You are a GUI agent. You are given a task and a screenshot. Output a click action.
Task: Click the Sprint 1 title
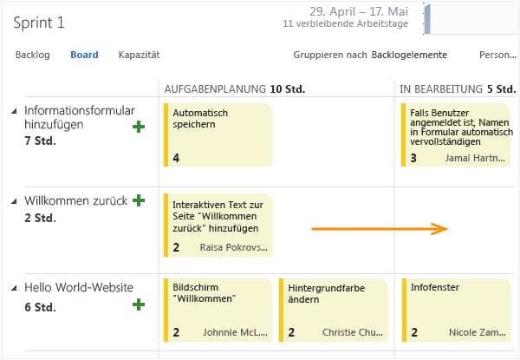pos(39,23)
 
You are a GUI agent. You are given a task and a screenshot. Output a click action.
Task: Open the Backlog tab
pos(33,55)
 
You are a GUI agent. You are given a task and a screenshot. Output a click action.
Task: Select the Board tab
pos(84,55)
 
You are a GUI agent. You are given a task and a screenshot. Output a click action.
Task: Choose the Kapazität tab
pos(140,55)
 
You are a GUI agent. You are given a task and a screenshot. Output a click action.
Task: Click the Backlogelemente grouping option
pos(409,55)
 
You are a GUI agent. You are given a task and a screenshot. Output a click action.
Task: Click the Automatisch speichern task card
pos(218,134)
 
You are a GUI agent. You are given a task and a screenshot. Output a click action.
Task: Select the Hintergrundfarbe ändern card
pos(334,310)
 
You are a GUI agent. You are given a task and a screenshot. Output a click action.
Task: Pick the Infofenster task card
pos(456,310)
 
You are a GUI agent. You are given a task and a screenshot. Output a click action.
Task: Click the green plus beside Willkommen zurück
pos(139,200)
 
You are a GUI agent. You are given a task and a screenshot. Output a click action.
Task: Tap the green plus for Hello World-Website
pos(139,304)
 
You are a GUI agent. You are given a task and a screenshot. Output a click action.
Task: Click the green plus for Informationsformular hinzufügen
pos(139,127)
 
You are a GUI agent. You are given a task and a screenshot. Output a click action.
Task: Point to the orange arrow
pos(380,229)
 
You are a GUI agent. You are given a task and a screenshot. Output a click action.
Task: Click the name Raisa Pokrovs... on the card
pos(233,247)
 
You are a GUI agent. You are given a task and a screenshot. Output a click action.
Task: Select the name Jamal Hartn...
pos(475,158)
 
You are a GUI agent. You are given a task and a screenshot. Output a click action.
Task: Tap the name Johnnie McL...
pos(235,332)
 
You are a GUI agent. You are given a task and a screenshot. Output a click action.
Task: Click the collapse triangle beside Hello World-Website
pos(14,288)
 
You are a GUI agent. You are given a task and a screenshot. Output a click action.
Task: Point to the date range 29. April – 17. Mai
pos(359,11)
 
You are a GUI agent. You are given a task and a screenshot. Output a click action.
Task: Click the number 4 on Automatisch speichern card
pos(176,158)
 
